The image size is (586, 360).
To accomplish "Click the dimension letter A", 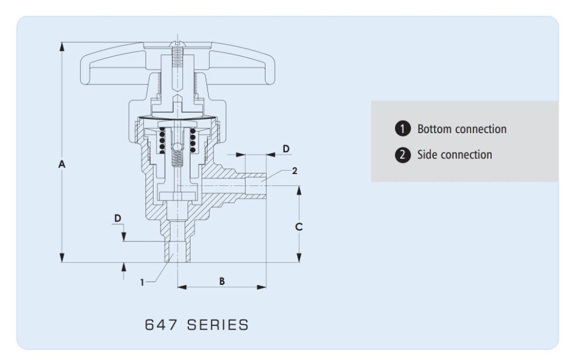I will point(62,165).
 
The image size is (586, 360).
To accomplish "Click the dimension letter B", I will point(222,281).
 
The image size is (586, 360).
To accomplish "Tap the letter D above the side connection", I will point(286,149).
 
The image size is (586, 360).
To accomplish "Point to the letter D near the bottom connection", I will point(118,218).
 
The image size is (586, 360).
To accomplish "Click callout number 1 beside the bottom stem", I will point(142,282).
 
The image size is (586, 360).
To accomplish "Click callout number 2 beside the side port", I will point(295,171).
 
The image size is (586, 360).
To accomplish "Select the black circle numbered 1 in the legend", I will point(402,129).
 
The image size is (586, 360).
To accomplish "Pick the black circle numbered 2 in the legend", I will point(402,155).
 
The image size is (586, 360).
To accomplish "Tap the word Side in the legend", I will point(427,155).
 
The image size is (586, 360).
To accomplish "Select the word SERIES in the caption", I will point(217,325).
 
